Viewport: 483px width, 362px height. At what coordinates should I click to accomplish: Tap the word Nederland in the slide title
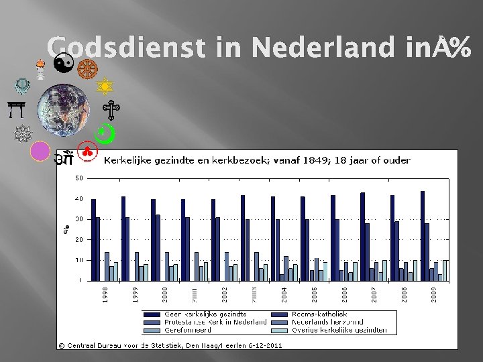pyautogui.click(x=326, y=47)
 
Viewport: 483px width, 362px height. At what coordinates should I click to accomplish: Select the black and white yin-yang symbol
pyautogui.click(x=64, y=64)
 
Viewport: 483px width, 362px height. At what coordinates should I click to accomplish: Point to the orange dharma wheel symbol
pyautogui.click(x=86, y=68)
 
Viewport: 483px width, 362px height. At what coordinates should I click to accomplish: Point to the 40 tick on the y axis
pyautogui.click(x=79, y=198)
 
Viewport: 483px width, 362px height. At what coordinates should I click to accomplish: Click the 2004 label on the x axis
pyautogui.click(x=284, y=295)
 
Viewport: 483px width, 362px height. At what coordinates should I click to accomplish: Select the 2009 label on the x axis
pyautogui.click(x=435, y=295)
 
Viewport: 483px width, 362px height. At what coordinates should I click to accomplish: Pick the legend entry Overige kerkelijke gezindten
pyautogui.click(x=338, y=330)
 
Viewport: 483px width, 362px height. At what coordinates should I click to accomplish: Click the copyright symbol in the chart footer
pyautogui.click(x=61, y=345)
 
